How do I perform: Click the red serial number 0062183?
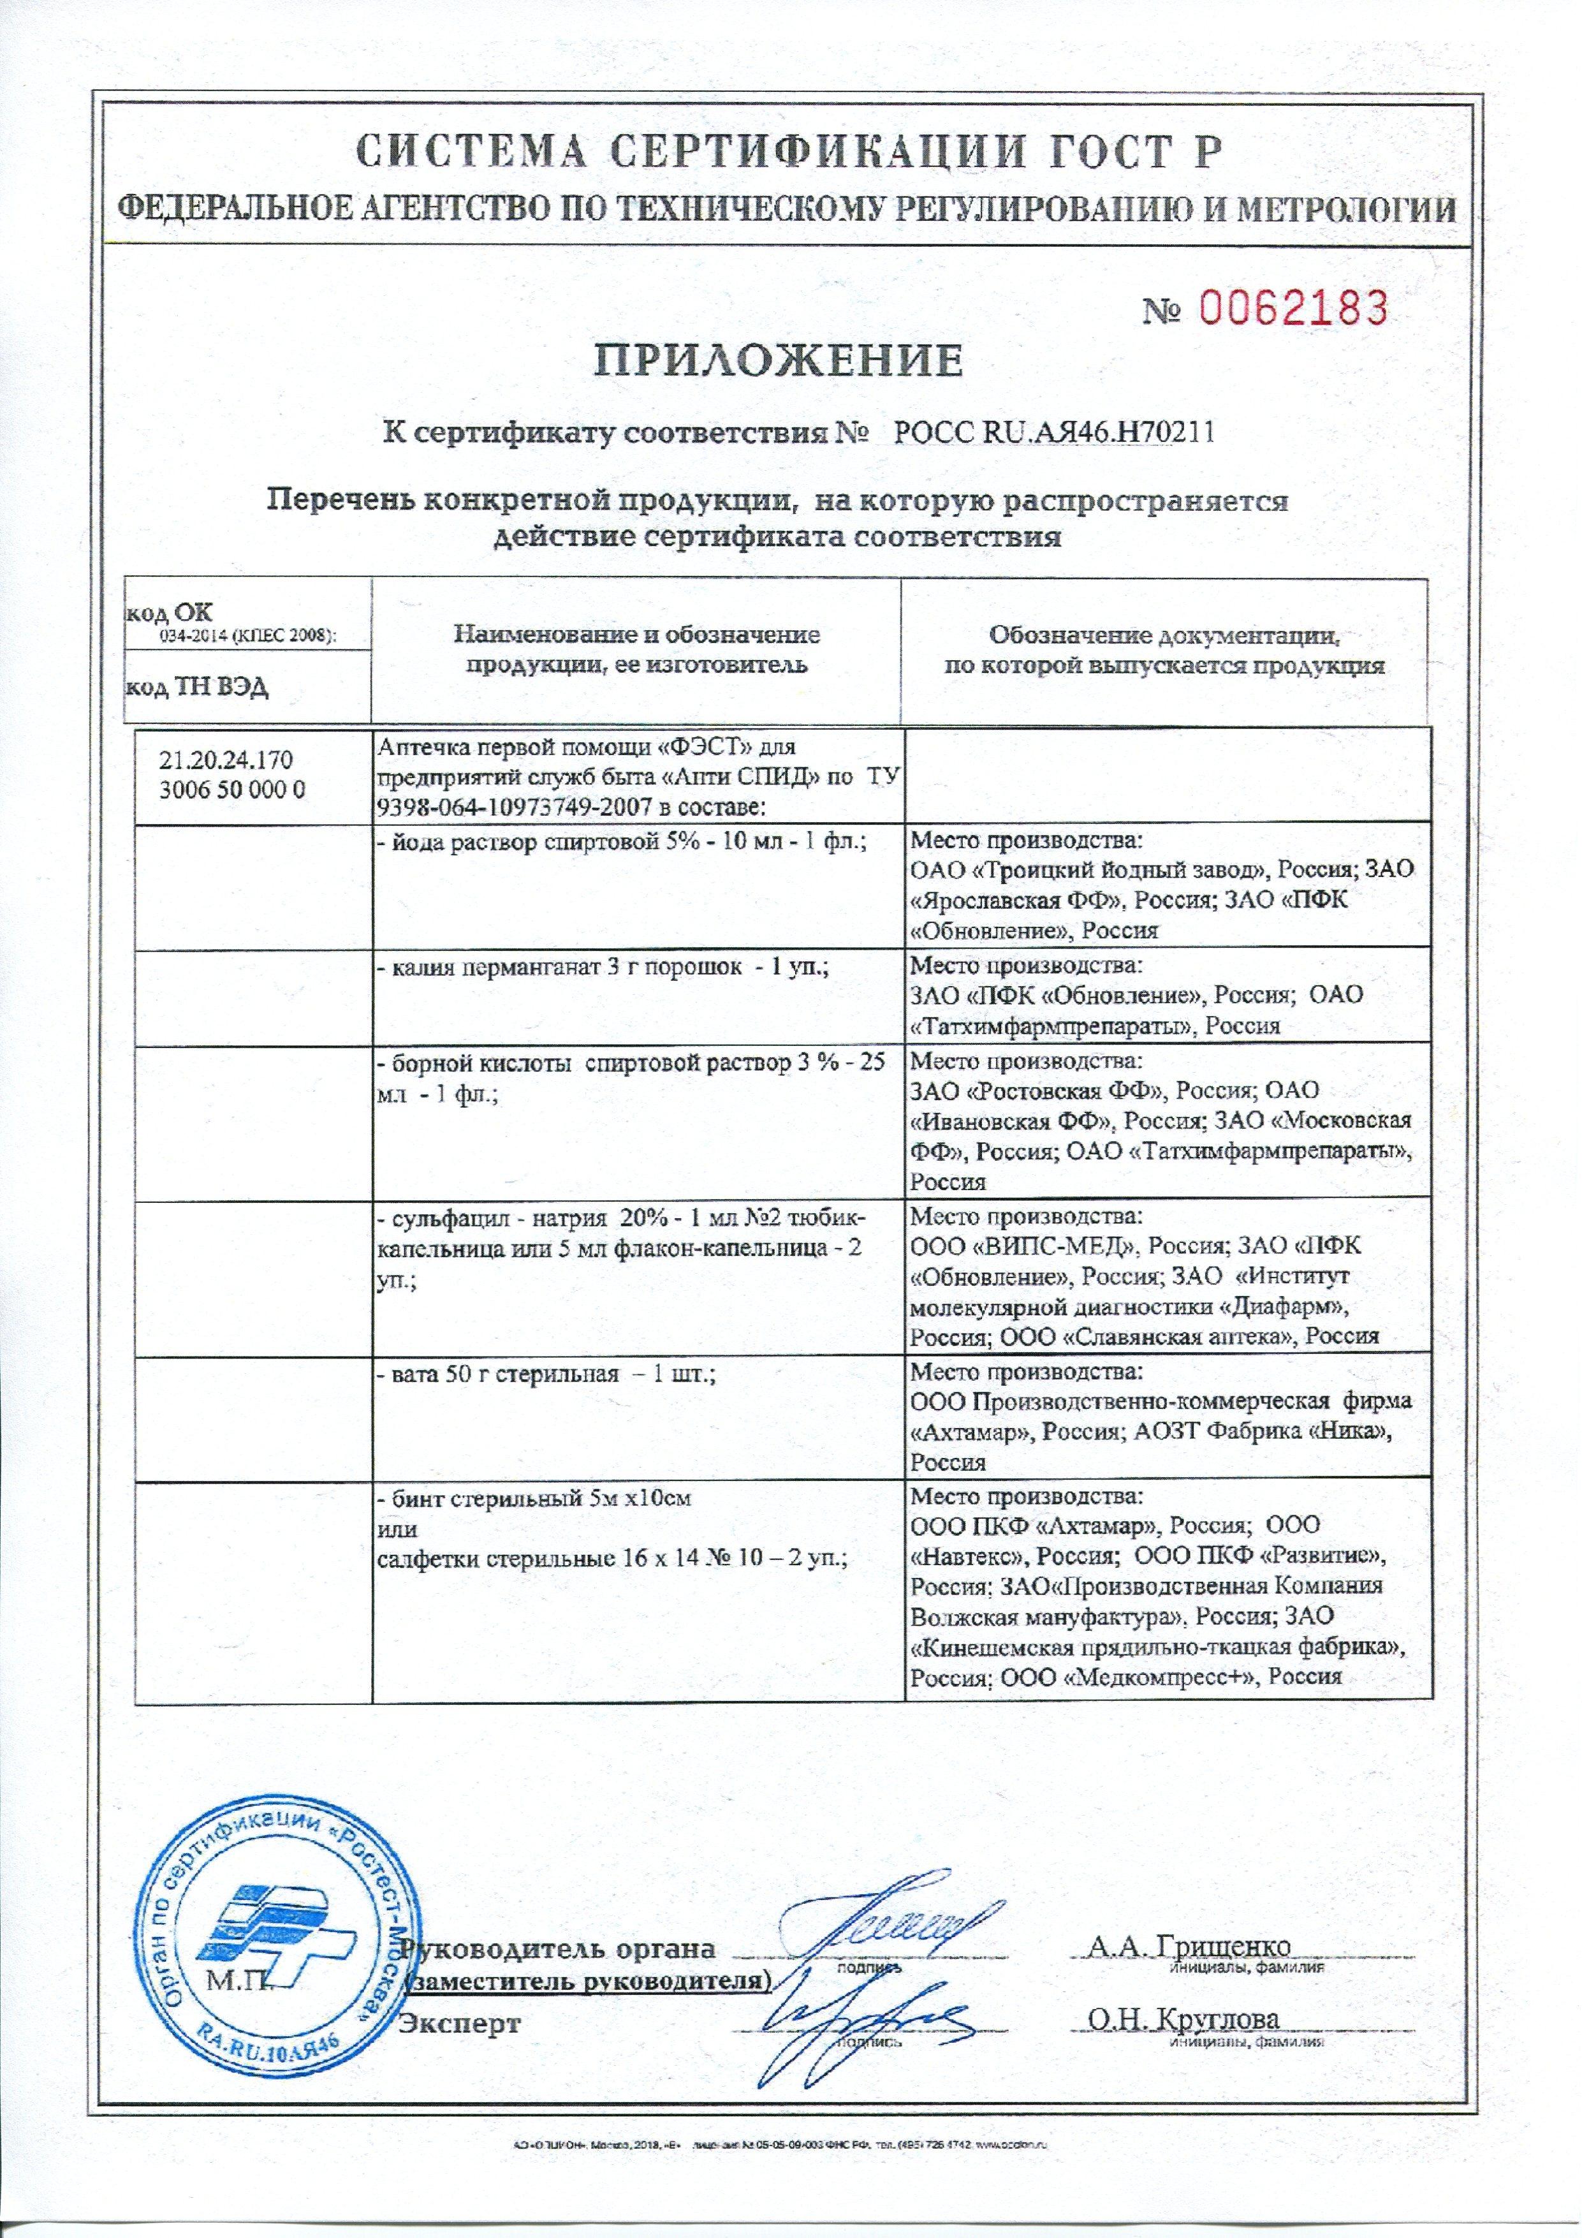[x=1291, y=308]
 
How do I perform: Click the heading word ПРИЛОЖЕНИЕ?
[x=780, y=360]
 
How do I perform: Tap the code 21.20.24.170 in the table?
[x=225, y=760]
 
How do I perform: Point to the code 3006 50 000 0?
[x=232, y=790]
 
